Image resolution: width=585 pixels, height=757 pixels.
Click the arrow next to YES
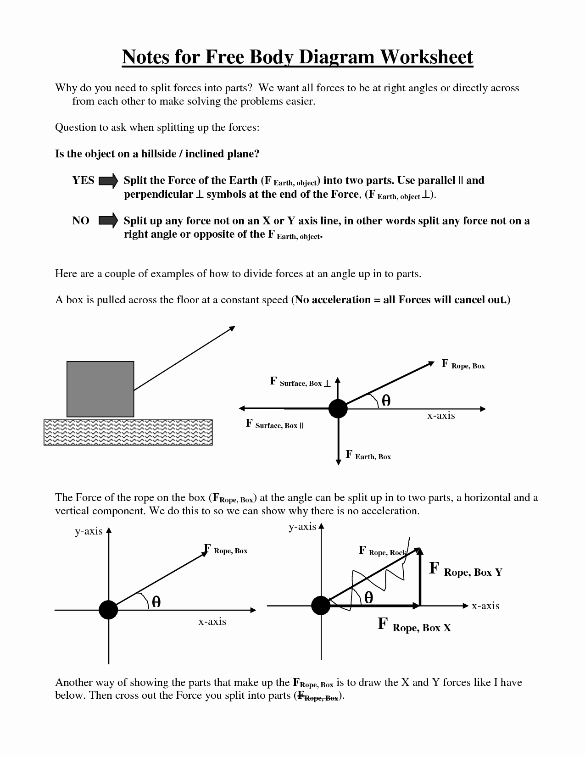[108, 181]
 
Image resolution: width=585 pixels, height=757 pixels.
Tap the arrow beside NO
[108, 221]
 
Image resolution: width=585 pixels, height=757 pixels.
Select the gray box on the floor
[100, 389]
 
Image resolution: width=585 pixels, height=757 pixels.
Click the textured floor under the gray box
[128, 432]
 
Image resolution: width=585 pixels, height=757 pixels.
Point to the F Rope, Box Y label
[466, 570]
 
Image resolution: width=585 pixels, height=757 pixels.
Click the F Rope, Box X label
[414, 625]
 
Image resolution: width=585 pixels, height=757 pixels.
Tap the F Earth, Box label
[368, 456]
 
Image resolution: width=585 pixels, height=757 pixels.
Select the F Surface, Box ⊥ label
[300, 382]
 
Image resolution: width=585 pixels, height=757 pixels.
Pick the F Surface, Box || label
[275, 424]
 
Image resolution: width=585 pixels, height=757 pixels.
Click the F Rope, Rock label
[382, 551]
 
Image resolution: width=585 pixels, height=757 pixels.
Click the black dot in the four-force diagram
[338, 408]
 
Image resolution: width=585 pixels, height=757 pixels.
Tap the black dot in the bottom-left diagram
[108, 610]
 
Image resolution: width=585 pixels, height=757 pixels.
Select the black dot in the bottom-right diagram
[321, 606]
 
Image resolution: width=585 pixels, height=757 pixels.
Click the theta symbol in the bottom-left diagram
[156, 601]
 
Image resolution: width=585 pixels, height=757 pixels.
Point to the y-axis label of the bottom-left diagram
[89, 531]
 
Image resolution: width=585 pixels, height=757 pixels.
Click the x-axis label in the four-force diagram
[441, 416]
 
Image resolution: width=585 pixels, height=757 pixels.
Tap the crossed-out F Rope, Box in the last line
[318, 696]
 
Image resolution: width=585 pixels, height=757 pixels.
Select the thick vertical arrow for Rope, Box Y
[420, 577]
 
